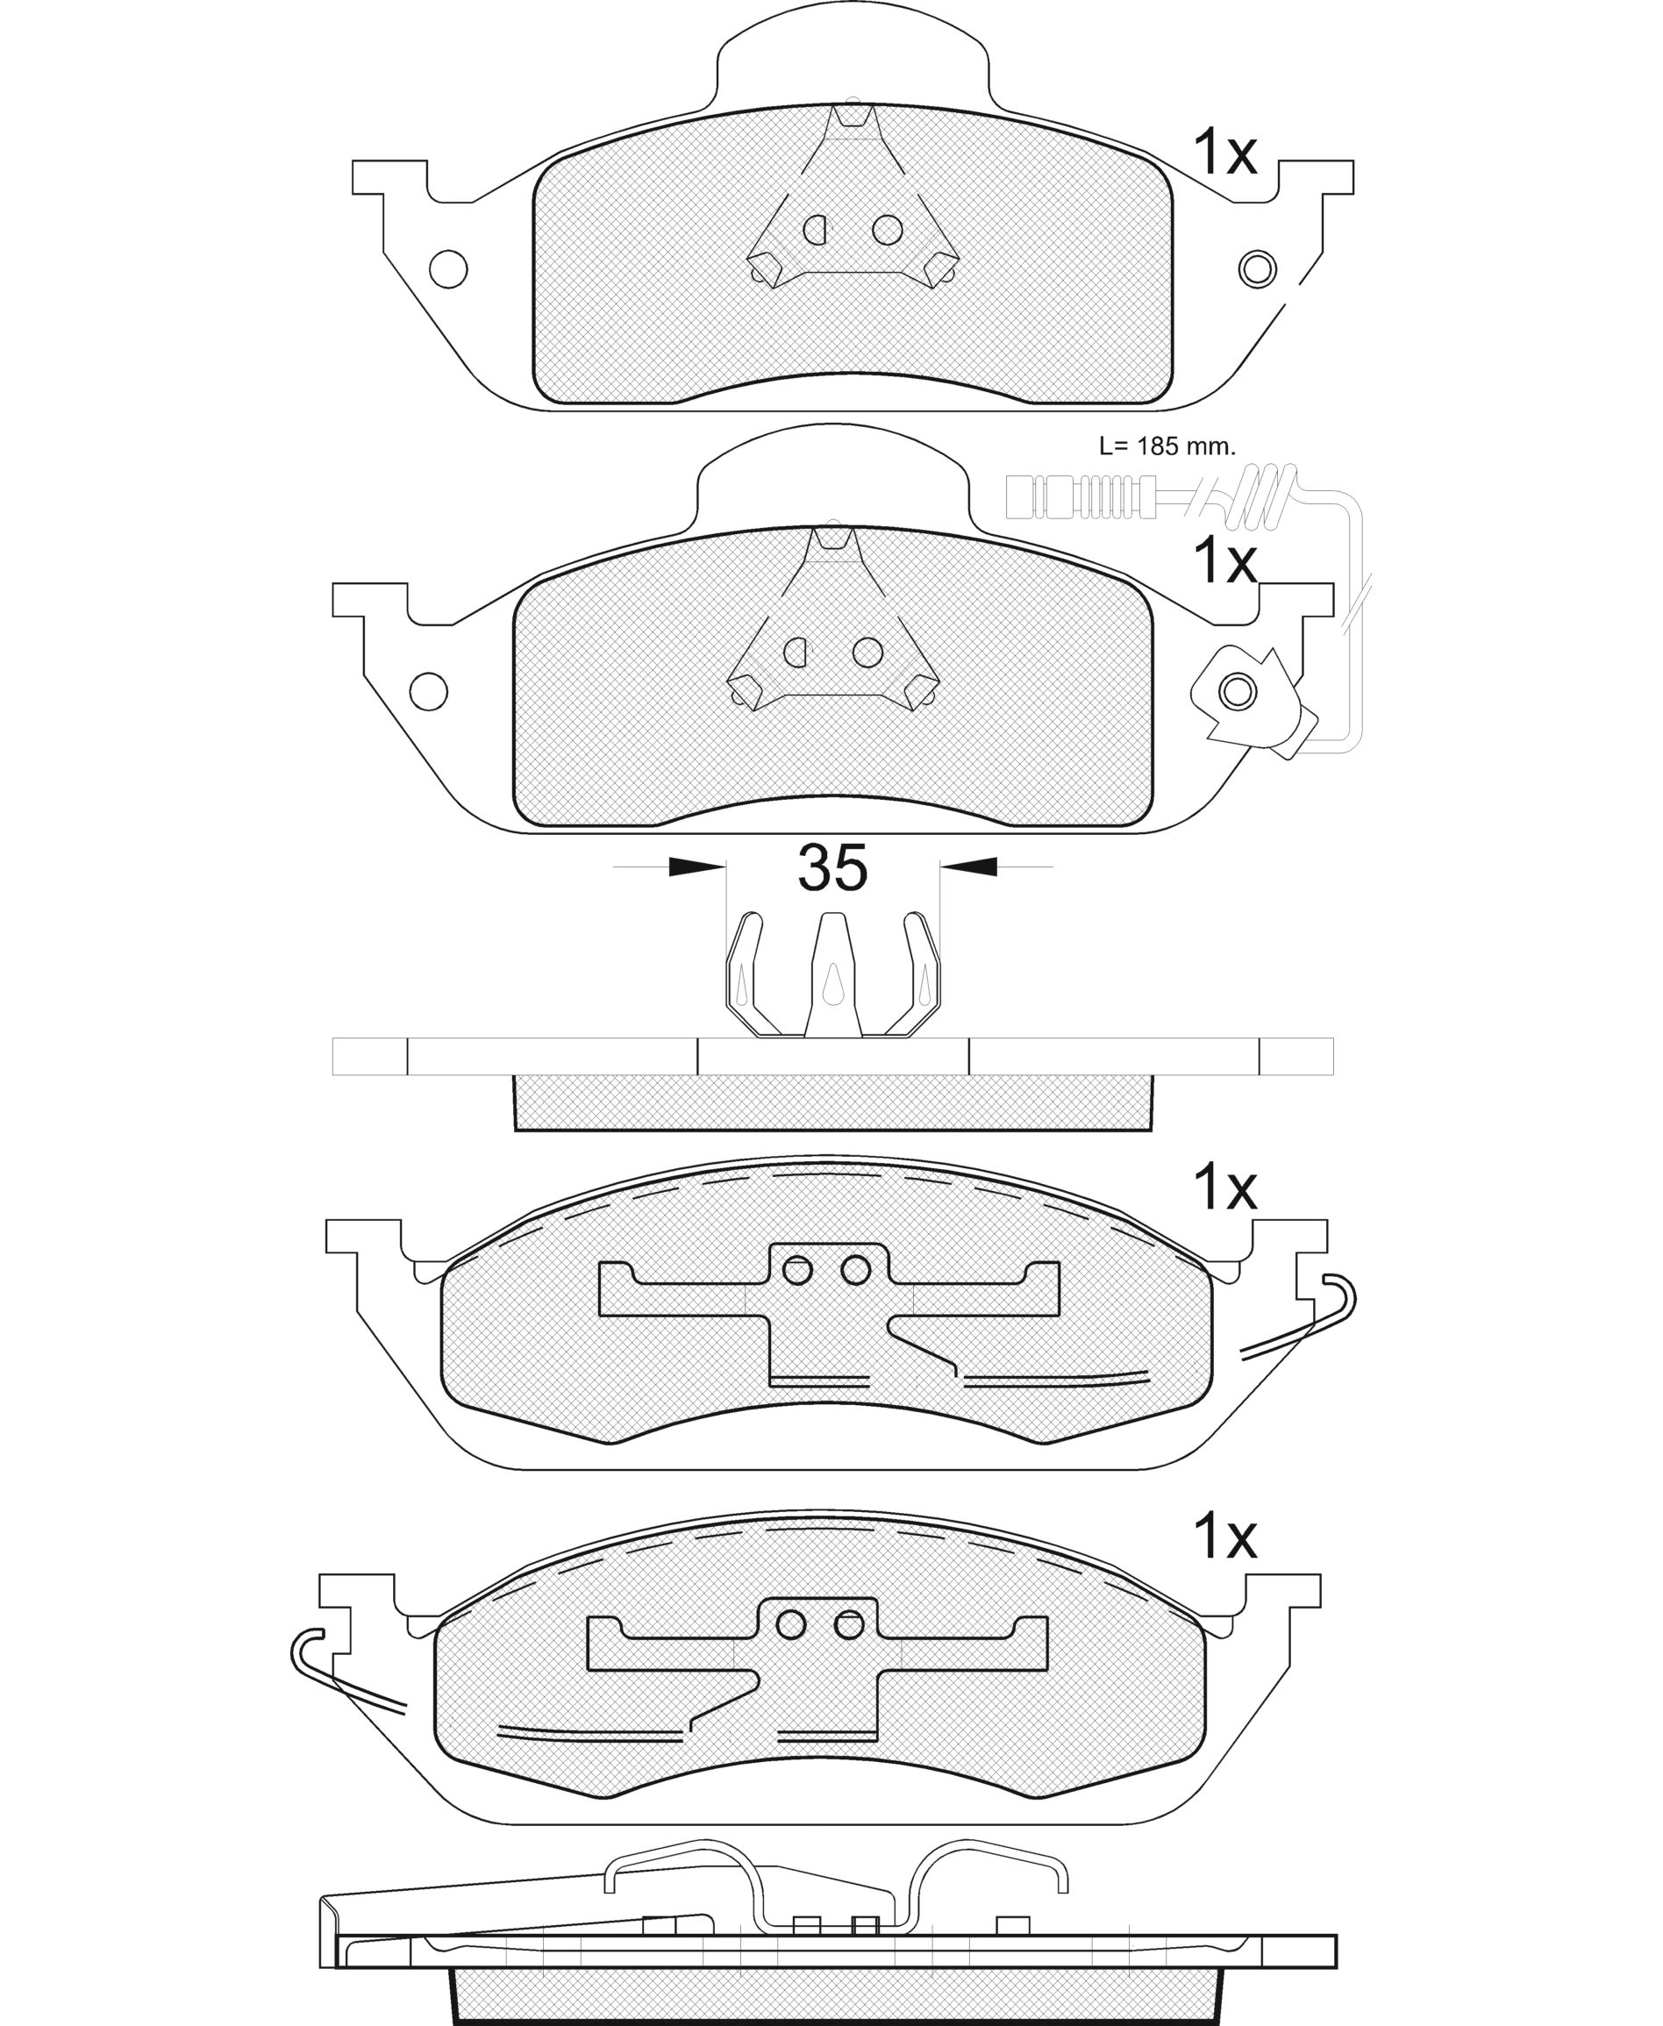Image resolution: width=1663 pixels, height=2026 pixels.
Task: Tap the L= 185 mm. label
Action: pos(1167,446)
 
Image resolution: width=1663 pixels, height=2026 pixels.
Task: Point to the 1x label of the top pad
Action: pos(1224,153)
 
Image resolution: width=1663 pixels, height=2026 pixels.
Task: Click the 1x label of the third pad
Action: pos(1224,1188)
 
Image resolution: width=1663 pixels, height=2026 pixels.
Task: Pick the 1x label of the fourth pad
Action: pos(1224,1537)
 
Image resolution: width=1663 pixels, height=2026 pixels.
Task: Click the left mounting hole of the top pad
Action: pos(448,269)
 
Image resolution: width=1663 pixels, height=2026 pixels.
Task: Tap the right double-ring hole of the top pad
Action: pos(1257,269)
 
